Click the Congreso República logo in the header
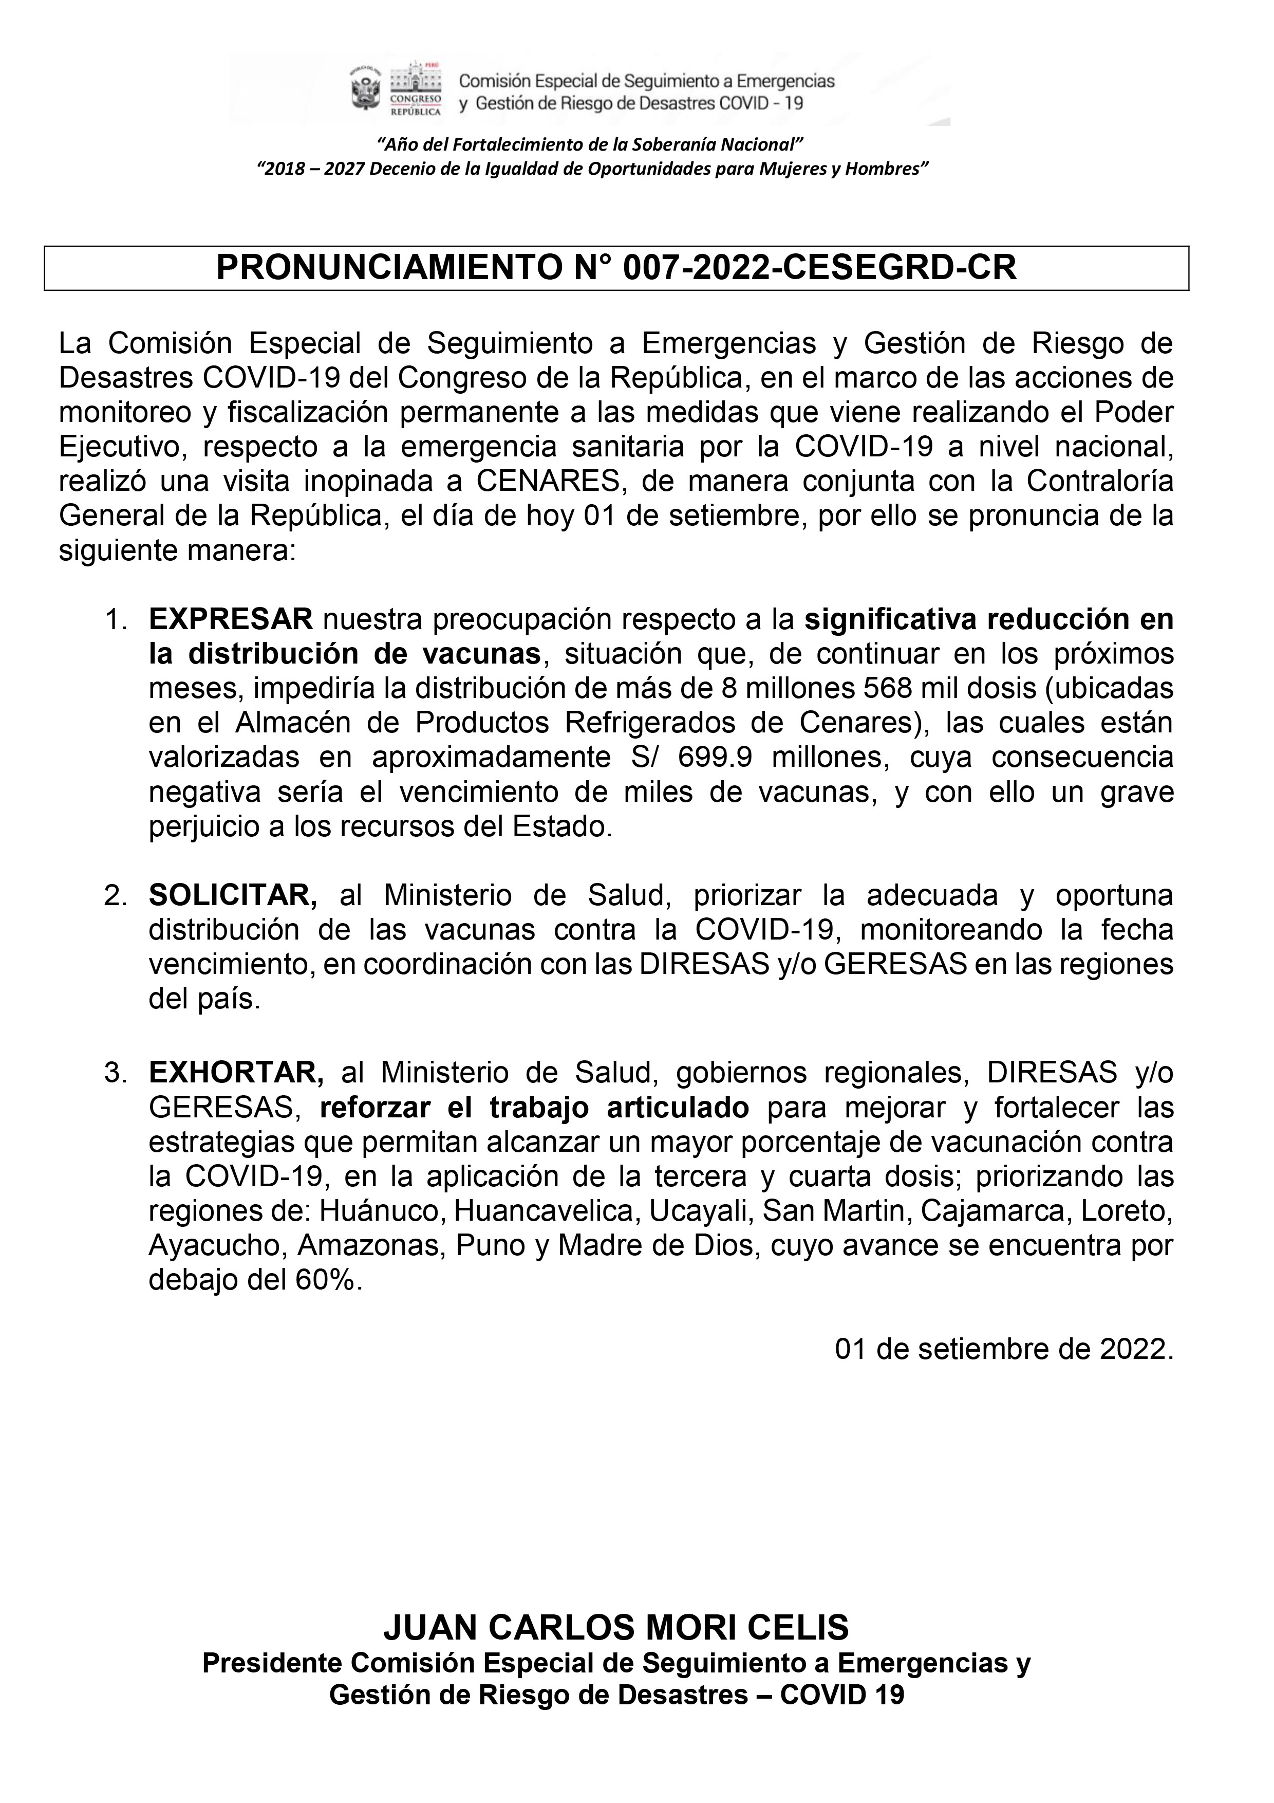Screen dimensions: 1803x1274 415,88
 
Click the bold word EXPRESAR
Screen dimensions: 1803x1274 231,619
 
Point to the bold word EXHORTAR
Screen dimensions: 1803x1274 232,1073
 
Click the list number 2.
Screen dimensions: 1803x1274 115,896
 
